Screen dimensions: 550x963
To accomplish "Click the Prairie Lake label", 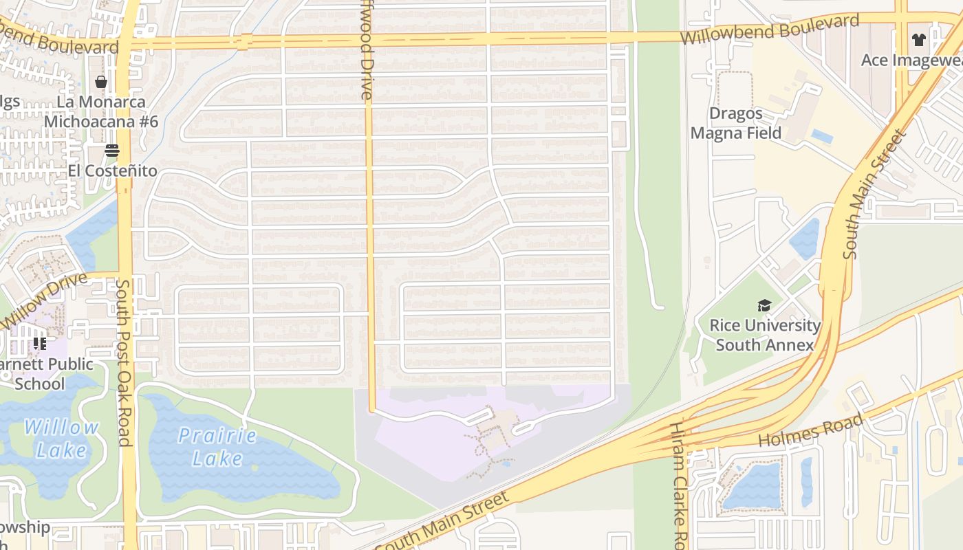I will pyautogui.click(x=217, y=447).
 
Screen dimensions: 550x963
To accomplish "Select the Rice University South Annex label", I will pyautogui.click(x=765, y=335).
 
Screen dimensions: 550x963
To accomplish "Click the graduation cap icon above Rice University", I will pyautogui.click(x=764, y=305).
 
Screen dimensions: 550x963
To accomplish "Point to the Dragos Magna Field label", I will pyautogui.click(x=736, y=123).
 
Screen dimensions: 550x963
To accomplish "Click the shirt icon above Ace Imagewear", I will pyautogui.click(x=918, y=40).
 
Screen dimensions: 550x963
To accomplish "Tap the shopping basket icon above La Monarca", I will pyautogui.click(x=101, y=82).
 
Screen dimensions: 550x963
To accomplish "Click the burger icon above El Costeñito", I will pyautogui.click(x=112, y=151).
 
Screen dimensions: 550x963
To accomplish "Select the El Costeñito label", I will pyautogui.click(x=112, y=170).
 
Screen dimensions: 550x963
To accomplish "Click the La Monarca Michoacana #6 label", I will pyautogui.click(x=101, y=112).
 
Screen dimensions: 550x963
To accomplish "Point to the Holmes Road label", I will pyautogui.click(x=810, y=431).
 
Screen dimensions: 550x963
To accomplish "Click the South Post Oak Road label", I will pyautogui.click(x=124, y=362).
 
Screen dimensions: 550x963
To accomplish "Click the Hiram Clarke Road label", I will pyautogui.click(x=678, y=485).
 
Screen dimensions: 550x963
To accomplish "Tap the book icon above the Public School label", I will pyautogui.click(x=39, y=343).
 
